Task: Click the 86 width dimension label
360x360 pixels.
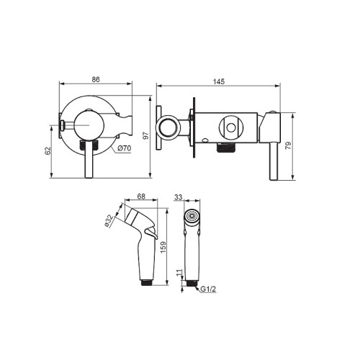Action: (96, 79)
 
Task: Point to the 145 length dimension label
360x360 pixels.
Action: (219, 81)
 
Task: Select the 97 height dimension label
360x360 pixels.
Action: (146, 136)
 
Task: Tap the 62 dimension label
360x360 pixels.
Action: (48, 150)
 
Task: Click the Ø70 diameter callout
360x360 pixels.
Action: (125, 148)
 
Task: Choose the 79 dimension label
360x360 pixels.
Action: (288, 145)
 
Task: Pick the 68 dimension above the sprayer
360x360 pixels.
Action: (141, 197)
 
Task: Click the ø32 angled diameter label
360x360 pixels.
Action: (109, 220)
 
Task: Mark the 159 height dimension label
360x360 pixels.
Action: (163, 247)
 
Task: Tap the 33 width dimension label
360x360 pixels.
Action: (179, 197)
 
